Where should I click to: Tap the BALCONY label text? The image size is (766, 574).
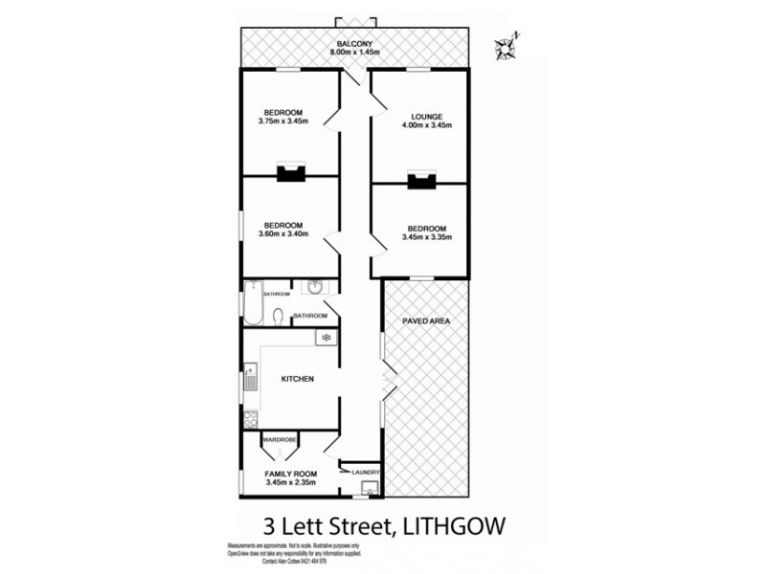point(353,43)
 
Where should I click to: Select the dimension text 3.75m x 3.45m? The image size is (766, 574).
point(283,121)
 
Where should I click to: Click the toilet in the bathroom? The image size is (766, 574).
point(277,318)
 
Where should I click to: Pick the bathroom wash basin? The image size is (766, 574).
point(315,287)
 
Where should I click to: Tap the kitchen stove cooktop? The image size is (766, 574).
point(250,417)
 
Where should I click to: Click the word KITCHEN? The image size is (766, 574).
point(298,379)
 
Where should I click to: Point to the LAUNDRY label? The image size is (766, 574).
point(366,472)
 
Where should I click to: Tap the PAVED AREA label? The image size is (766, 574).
point(427,320)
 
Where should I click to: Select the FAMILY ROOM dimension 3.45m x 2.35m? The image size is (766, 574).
point(292,483)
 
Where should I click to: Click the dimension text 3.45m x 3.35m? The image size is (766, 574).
point(427,237)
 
